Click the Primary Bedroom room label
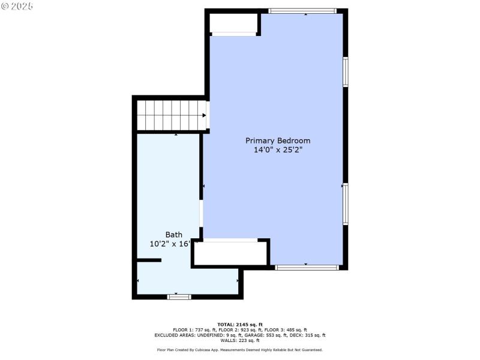(x=278, y=140)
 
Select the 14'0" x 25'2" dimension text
(x=278, y=150)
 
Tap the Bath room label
(x=173, y=235)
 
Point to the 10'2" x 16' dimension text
(x=170, y=244)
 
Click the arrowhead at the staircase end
(x=204, y=115)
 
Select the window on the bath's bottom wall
(x=179, y=296)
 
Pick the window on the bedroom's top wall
(x=302, y=11)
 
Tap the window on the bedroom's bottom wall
(x=307, y=268)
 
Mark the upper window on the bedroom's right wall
(x=346, y=71)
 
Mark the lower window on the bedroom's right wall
(x=346, y=204)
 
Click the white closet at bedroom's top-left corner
(x=233, y=23)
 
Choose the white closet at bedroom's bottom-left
(x=231, y=253)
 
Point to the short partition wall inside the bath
(x=149, y=260)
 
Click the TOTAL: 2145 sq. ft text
(x=240, y=324)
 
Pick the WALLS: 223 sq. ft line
(x=240, y=340)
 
